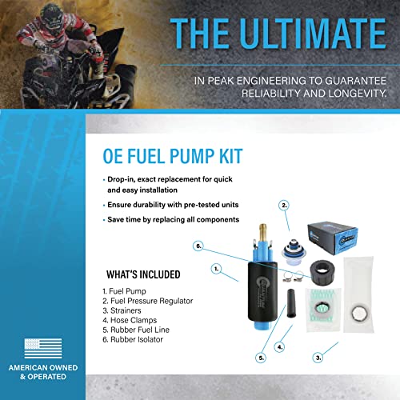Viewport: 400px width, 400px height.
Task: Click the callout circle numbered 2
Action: (x=283, y=206)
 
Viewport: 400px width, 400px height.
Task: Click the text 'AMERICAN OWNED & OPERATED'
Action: (x=42, y=377)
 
